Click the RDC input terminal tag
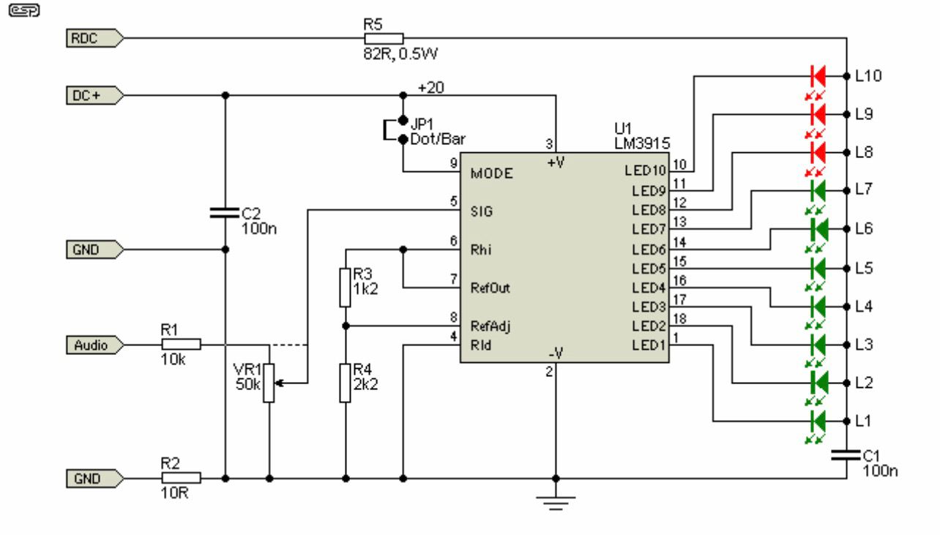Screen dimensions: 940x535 coord(95,38)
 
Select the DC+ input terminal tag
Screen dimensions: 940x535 coord(95,96)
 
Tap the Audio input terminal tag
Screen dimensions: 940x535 coord(95,345)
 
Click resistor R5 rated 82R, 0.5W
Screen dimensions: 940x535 coord(384,39)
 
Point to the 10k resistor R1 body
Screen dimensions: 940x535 coord(182,345)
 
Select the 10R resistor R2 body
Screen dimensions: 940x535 coord(182,478)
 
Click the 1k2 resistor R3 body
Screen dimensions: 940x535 coord(345,288)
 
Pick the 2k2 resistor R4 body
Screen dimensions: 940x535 coord(345,383)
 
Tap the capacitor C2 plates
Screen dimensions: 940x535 coord(225,213)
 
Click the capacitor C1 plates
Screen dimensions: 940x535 coord(846,454)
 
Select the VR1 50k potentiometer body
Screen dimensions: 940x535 coord(269,383)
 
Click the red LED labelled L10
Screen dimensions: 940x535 coord(818,76)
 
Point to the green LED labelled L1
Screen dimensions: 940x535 coord(818,421)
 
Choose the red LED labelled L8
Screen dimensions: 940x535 coord(818,153)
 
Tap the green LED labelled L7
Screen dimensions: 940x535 coord(818,191)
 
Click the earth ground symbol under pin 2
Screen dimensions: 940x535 coord(556,503)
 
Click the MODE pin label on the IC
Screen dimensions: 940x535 coord(491,173)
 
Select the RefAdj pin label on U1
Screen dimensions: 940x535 coord(490,326)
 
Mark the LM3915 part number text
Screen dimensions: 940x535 coord(642,143)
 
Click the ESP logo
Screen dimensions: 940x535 coord(24,10)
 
